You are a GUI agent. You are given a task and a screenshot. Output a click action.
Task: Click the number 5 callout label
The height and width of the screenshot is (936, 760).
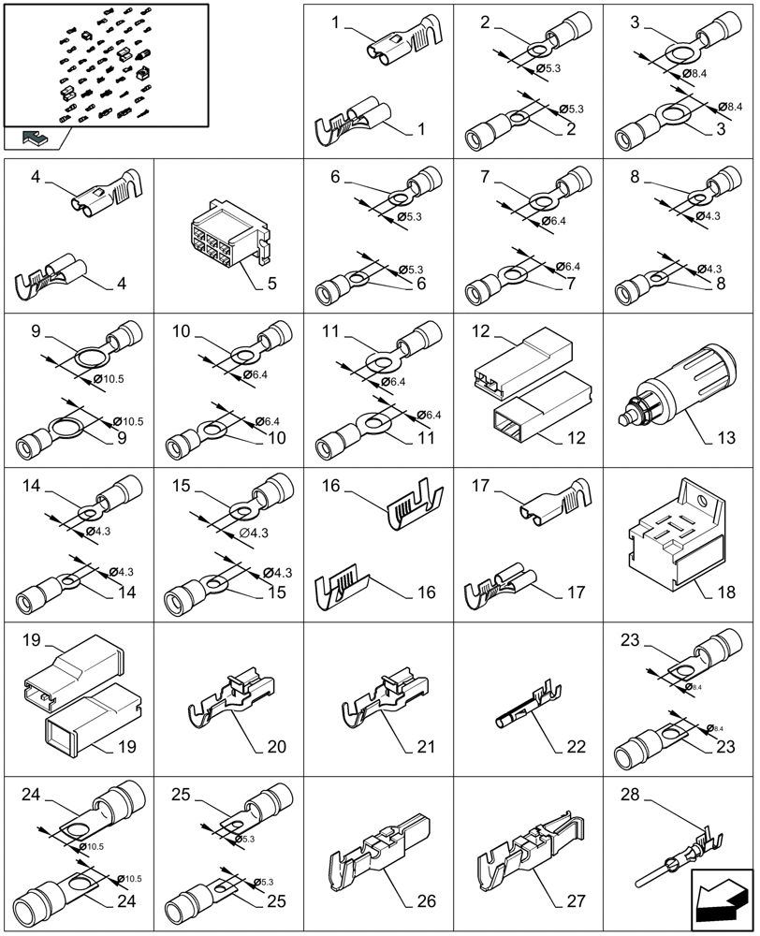pyautogui.click(x=271, y=281)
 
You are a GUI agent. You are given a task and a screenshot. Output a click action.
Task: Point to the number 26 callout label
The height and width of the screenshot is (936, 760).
pyautogui.click(x=425, y=901)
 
